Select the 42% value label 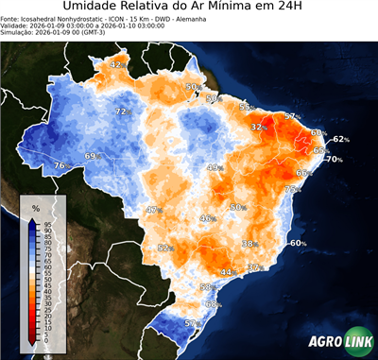(x=117, y=64)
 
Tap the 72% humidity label (x=121, y=111)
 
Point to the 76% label (x=60, y=166)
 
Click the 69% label (x=92, y=156)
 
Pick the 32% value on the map (x=257, y=127)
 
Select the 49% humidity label (x=215, y=167)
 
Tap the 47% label (x=153, y=210)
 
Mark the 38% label (x=249, y=244)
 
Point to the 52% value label (x=164, y=248)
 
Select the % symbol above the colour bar (x=35, y=207)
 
